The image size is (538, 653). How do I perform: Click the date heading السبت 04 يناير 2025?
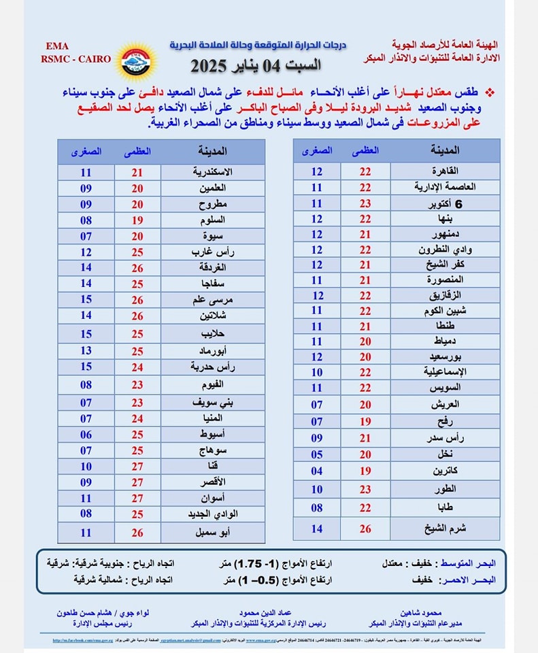point(256,67)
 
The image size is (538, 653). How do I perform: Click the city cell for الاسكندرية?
point(214,173)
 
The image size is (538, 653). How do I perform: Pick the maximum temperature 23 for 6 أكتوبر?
point(365,203)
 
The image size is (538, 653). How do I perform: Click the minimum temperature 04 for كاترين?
point(317,471)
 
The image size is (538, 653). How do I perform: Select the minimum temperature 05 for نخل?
point(317,454)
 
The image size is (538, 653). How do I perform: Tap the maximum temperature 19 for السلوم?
point(137,220)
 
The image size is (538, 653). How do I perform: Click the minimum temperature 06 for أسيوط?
point(86,434)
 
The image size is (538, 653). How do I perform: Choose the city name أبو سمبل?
point(214,533)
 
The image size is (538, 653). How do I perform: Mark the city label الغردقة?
point(214,267)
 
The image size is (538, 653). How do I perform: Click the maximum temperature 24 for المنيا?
point(137,418)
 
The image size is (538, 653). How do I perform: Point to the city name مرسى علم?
point(214,299)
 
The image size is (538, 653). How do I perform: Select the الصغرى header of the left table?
point(86,152)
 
